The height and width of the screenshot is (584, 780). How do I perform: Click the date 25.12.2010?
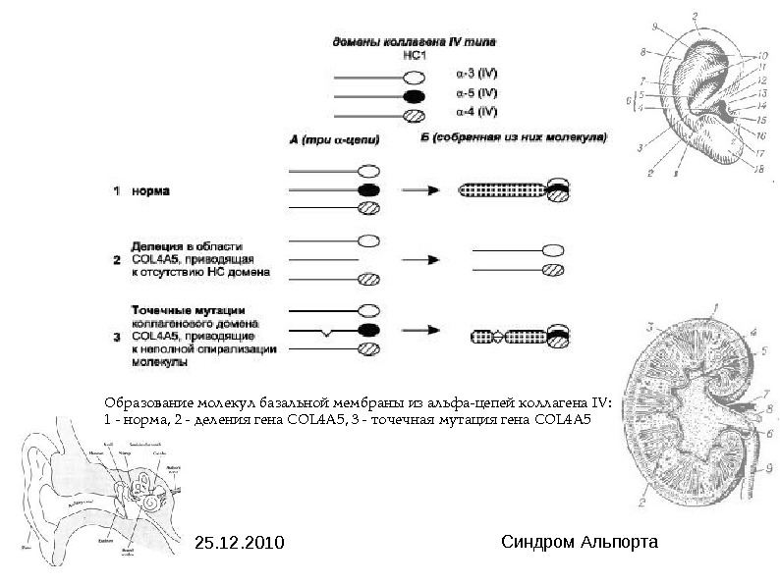[x=239, y=542]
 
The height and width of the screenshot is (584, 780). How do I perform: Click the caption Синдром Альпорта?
[x=579, y=542]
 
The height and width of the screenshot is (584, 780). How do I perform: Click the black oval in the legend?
[x=416, y=96]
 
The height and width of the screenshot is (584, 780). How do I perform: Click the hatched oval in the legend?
[x=416, y=117]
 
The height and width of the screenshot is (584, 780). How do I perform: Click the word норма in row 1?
[x=149, y=191]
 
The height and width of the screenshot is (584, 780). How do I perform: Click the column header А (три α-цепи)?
[x=335, y=139]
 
